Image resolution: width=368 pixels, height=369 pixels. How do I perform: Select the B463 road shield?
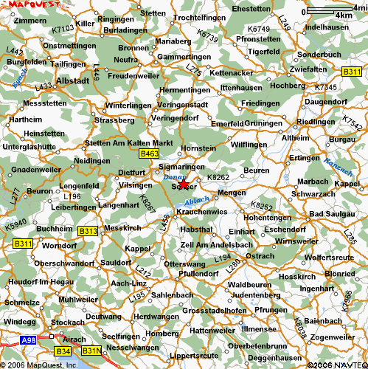tap(149, 153)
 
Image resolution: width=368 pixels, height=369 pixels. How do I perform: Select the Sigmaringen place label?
tap(181, 168)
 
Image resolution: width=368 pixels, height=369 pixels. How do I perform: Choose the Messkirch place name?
tap(123, 229)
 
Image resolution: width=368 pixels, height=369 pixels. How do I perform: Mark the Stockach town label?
tap(69, 322)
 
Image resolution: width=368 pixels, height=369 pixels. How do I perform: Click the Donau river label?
tap(170, 178)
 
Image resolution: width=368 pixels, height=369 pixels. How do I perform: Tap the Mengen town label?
tap(232, 193)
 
